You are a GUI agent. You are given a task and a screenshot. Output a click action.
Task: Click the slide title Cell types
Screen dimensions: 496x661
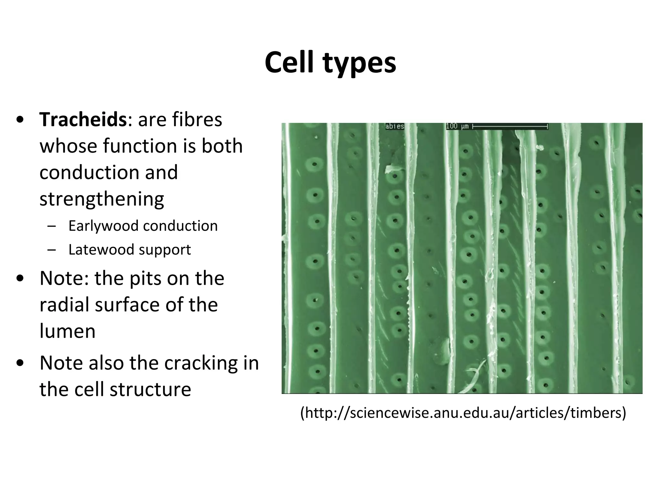point(330,63)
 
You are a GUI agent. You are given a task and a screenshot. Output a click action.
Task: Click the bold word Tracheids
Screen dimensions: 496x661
point(83,119)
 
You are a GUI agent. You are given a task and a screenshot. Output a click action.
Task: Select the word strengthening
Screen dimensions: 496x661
point(102,199)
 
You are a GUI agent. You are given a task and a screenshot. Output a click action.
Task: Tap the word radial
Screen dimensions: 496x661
point(64,305)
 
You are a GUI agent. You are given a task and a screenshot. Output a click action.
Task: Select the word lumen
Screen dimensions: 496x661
point(67,331)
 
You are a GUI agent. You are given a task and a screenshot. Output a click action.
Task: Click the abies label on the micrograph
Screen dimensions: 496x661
point(394,126)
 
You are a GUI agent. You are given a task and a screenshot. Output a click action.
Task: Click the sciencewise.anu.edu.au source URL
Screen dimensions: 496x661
point(463,413)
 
